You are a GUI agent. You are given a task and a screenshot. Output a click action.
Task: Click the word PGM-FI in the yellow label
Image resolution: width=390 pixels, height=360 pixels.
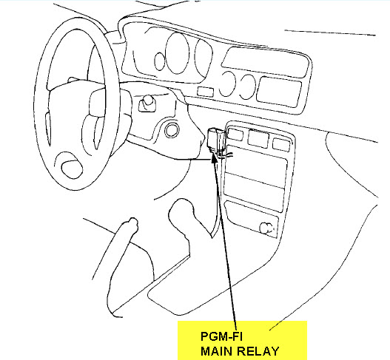coord(221,336)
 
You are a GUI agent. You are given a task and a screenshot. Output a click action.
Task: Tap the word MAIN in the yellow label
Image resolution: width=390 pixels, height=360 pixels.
coord(216,351)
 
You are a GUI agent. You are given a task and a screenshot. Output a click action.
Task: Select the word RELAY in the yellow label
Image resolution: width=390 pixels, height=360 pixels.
coord(258,351)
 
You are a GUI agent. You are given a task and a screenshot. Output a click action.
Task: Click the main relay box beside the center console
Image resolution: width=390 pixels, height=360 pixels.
coord(216,143)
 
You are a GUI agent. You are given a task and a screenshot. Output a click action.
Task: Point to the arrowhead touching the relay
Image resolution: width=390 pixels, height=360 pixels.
coord(214,158)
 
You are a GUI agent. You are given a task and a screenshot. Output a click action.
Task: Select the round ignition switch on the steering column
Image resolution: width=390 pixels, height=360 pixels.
coord(172,129)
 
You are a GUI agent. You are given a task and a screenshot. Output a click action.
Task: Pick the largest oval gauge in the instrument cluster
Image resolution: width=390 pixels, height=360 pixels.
coord(178,53)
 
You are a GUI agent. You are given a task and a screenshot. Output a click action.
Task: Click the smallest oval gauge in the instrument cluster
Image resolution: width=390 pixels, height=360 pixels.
coord(160,61)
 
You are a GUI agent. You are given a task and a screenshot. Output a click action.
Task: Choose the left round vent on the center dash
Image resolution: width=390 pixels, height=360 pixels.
coord(228,84)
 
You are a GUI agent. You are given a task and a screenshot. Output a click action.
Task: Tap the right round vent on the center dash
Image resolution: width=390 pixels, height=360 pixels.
coord(247,86)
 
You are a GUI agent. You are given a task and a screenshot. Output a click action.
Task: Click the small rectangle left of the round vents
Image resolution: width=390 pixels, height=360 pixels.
coord(206,92)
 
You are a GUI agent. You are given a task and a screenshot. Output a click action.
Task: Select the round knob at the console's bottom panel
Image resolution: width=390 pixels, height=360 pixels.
coord(266,228)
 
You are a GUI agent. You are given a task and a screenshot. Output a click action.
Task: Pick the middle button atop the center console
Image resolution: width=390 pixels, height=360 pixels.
coord(258,139)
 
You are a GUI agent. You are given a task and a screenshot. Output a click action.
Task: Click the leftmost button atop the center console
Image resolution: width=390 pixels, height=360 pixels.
coord(235,135)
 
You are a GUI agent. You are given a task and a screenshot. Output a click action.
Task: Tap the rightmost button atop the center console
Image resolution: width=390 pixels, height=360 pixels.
coord(281,145)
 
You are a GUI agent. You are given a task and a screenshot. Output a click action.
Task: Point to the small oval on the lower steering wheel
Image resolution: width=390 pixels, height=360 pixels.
coord(72,169)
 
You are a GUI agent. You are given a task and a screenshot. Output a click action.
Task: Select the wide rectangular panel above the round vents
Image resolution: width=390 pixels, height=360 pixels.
coord(265,62)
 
